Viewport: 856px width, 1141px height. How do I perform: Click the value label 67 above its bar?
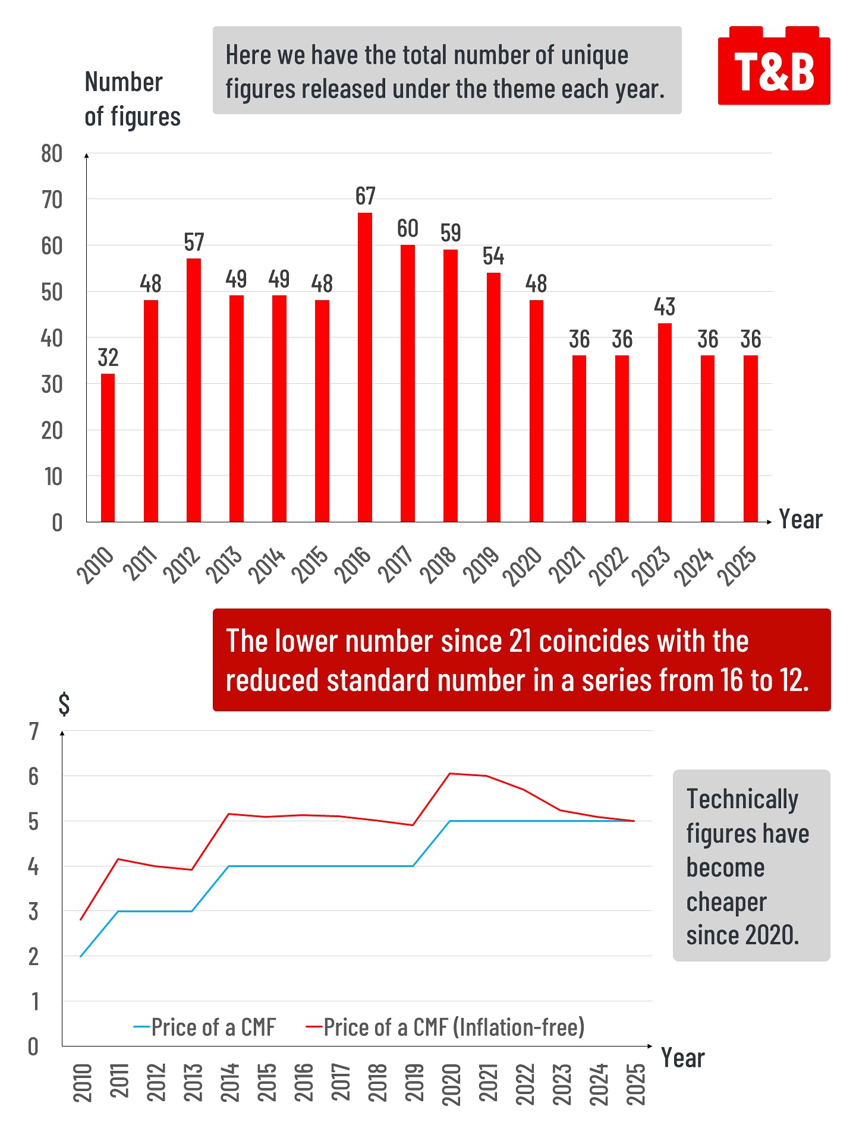(x=365, y=196)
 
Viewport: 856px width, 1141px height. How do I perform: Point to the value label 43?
(x=665, y=307)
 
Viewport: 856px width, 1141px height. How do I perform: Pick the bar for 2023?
(x=665, y=423)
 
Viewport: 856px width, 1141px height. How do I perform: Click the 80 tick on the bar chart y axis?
(x=52, y=154)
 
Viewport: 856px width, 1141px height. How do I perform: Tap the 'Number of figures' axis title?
(x=132, y=99)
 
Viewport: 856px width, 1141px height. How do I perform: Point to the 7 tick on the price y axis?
(x=34, y=732)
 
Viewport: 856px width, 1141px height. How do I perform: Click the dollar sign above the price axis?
(x=64, y=704)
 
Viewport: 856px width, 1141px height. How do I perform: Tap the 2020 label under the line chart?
(x=451, y=1084)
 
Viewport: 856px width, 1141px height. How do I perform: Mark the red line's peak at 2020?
(x=450, y=773)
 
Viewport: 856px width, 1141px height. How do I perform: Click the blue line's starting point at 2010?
(x=81, y=956)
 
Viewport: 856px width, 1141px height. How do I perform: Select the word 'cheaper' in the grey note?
(x=726, y=902)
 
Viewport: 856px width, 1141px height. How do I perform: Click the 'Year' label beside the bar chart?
(x=800, y=519)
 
